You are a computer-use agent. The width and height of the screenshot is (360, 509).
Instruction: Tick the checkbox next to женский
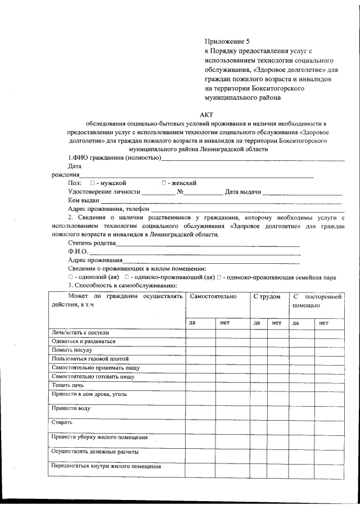164,183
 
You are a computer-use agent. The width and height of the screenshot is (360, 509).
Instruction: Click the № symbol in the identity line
181,192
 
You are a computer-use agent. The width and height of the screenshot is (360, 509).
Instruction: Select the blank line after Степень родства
208,245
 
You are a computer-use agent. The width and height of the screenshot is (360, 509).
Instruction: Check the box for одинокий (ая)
70,277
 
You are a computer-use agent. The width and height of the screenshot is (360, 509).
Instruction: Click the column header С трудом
267,296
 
